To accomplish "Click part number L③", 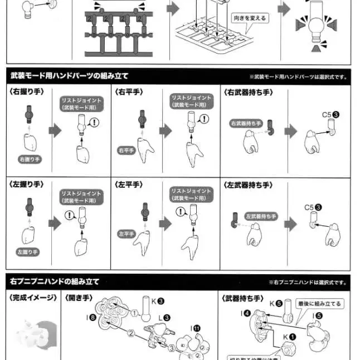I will click(164, 317).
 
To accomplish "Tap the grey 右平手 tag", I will click(126, 150).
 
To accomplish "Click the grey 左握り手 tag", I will click(27, 252).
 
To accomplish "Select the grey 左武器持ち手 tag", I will click(261, 216).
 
